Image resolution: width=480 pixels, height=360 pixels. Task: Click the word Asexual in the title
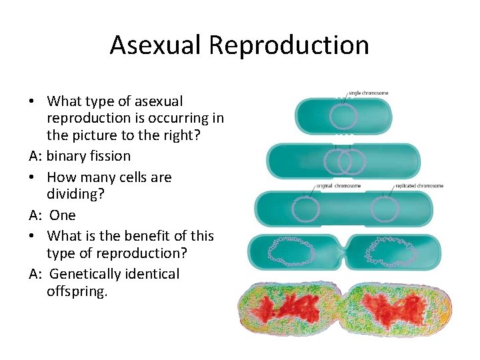(x=155, y=45)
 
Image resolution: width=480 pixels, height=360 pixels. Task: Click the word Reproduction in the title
(x=289, y=45)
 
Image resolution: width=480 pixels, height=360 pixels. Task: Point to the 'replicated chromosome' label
(x=419, y=186)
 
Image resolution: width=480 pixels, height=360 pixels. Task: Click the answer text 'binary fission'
(x=89, y=156)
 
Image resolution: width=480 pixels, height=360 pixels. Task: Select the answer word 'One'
(x=63, y=215)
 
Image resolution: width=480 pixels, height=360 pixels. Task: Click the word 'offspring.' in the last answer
(x=77, y=292)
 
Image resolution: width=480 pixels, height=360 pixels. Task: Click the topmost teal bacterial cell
(x=343, y=116)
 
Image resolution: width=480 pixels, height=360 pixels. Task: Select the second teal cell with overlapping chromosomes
(x=343, y=161)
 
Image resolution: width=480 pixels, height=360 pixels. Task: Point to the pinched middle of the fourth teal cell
(x=342, y=251)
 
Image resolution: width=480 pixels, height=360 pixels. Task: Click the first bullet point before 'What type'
(x=32, y=101)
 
